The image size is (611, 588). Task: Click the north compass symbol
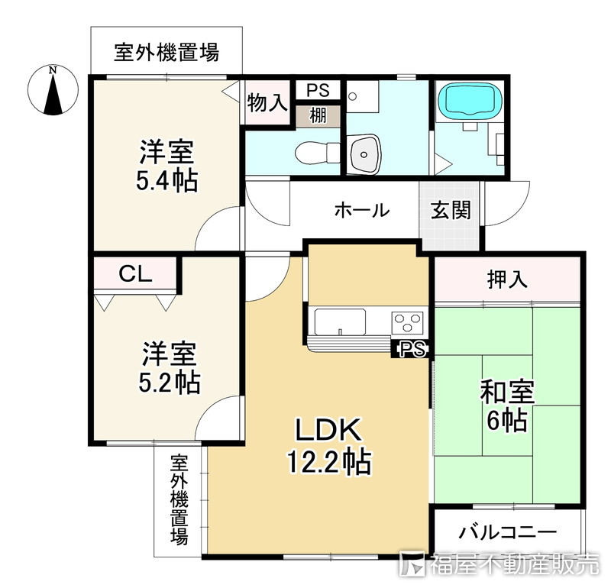click(x=52, y=91)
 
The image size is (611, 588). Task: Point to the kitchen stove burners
click(x=408, y=321)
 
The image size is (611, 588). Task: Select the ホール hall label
click(x=361, y=211)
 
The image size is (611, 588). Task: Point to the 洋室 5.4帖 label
click(x=166, y=166)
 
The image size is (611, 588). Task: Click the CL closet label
click(x=135, y=273)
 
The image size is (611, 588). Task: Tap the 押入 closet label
click(x=508, y=279)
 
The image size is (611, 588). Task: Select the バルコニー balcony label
click(x=508, y=532)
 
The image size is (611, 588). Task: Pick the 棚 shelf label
click(x=318, y=117)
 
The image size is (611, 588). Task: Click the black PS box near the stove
click(x=410, y=348)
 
